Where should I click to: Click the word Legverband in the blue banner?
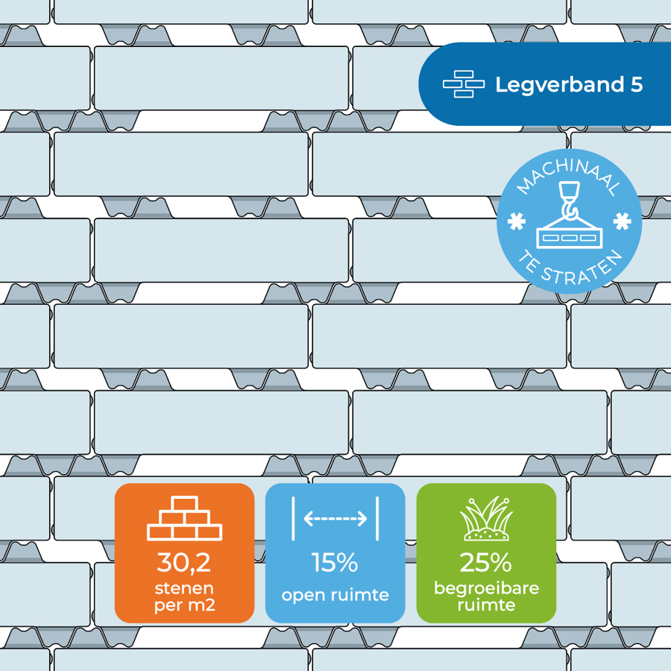559,85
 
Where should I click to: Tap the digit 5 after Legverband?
637,84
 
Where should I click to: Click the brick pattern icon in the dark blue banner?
464,84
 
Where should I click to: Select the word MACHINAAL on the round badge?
568,175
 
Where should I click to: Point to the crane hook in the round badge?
569,201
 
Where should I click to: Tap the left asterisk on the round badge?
516,221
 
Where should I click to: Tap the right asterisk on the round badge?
622,221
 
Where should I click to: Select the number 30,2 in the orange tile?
184,562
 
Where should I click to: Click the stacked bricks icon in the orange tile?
184,518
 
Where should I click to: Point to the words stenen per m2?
184,597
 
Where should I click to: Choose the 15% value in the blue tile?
335,562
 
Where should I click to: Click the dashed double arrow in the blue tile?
335,519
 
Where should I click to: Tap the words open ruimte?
335,595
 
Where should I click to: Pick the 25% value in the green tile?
485,562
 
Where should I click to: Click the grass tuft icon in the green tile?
486,518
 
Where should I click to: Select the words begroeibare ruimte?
486,596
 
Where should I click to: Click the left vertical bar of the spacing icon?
293,519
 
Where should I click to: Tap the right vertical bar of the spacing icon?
377,519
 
